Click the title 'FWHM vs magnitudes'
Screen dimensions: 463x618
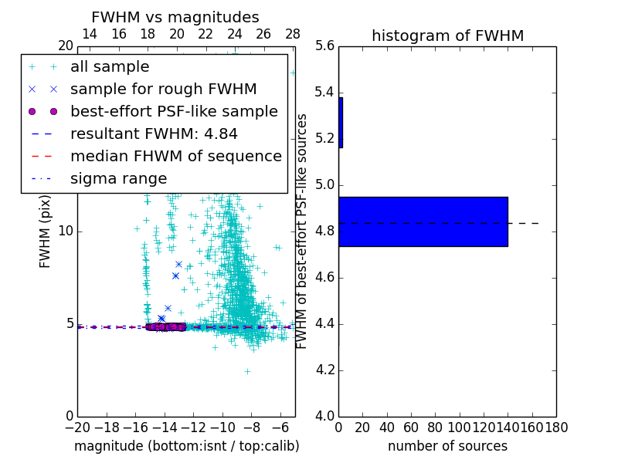(x=175, y=17)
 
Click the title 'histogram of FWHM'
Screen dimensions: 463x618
(x=447, y=35)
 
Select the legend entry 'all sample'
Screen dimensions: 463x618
(x=110, y=67)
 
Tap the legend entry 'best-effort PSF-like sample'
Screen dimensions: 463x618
(x=174, y=112)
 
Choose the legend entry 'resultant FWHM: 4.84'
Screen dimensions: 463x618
(x=154, y=134)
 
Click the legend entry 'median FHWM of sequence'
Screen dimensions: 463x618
(x=175, y=157)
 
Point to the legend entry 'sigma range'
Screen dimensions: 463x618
(x=118, y=179)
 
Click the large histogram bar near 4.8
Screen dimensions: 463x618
(x=423, y=221)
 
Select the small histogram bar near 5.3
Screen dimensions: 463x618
(x=341, y=122)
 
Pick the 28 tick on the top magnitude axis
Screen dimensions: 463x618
(x=293, y=34)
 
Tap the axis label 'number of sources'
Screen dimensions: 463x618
(x=447, y=446)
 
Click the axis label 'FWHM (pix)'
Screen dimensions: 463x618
(x=46, y=230)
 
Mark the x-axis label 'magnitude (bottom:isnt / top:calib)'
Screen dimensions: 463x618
(x=186, y=446)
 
